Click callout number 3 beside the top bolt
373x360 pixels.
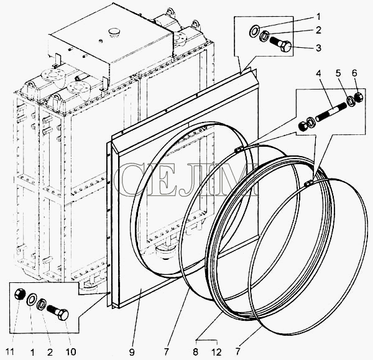point(318,48)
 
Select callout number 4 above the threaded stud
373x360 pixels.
point(318,73)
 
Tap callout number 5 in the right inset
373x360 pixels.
point(338,73)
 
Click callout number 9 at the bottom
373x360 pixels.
point(132,352)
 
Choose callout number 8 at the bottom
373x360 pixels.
point(196,352)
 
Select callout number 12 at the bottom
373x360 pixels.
point(217,352)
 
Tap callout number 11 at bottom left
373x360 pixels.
point(10,351)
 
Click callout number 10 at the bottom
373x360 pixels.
point(71,352)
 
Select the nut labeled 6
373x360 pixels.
point(359,97)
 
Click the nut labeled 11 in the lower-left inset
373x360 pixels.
point(19,294)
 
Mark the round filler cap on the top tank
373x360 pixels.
point(113,32)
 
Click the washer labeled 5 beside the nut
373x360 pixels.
point(351,100)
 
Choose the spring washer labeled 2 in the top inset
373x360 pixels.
point(264,37)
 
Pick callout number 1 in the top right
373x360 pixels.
point(318,17)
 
